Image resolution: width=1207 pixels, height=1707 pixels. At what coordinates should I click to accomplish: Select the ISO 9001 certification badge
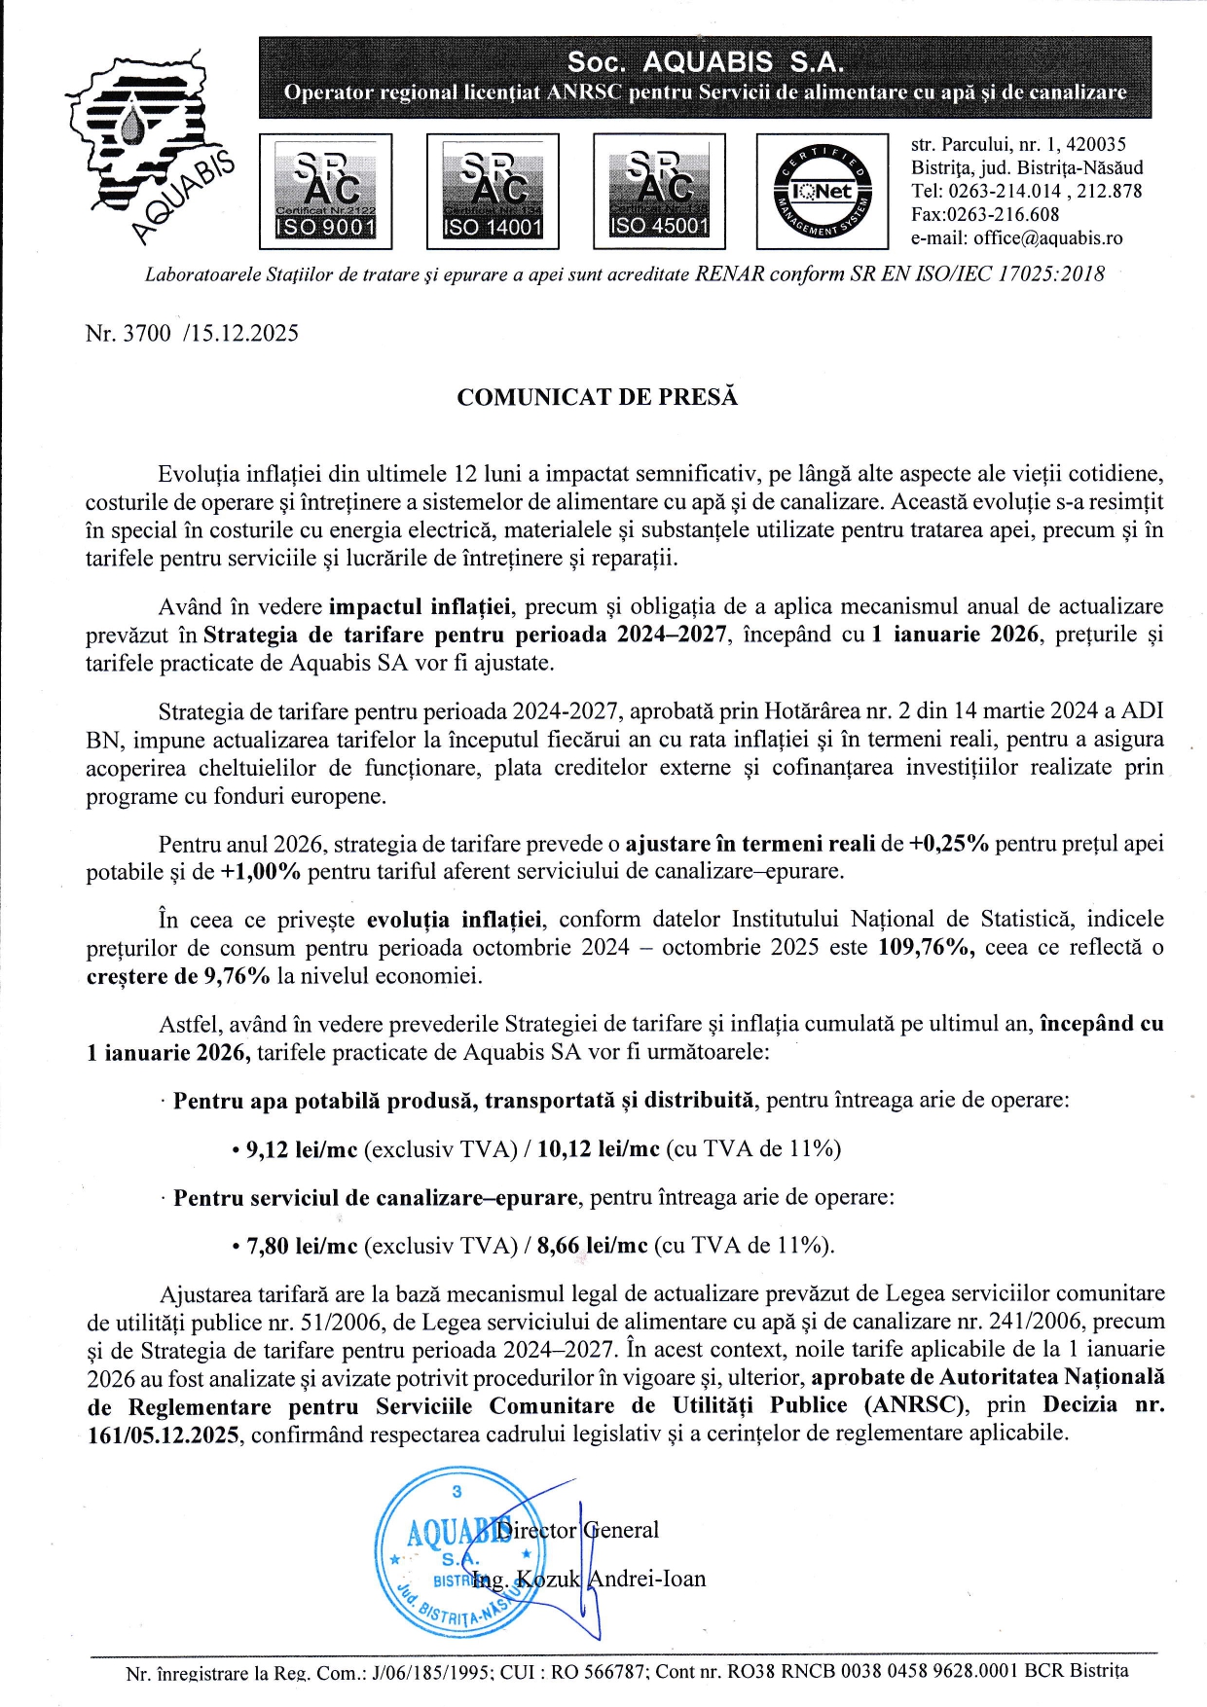[325, 192]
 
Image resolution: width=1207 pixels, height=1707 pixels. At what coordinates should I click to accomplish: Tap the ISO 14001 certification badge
[493, 192]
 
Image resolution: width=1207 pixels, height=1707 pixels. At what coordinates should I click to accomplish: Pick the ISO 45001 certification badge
[659, 191]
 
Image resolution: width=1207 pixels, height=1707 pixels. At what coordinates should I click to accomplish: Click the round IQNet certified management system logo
[823, 192]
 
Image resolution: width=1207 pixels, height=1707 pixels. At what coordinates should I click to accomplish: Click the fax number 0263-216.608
[1004, 215]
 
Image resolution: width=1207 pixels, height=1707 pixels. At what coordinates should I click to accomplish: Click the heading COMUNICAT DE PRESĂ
[598, 397]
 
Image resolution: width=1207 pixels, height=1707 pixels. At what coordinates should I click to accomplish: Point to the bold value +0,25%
[948, 844]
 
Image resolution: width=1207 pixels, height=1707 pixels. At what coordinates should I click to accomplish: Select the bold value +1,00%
[261, 872]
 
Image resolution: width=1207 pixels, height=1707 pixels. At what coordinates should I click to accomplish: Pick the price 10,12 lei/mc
[598, 1149]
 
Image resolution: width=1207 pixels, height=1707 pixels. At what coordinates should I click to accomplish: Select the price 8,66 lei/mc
[592, 1246]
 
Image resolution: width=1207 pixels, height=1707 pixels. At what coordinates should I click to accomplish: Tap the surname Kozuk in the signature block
[548, 1579]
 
